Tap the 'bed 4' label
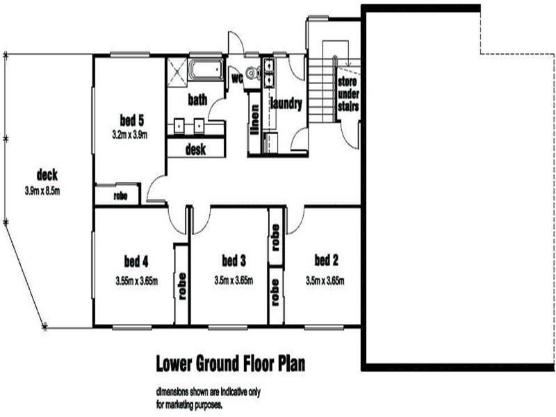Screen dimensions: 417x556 pyautogui.click(x=136, y=261)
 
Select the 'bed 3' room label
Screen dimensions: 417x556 pyautogui.click(x=234, y=261)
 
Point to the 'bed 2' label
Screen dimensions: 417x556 pyautogui.click(x=326, y=261)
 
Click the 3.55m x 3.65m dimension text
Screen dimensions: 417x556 pyautogui.click(x=136, y=281)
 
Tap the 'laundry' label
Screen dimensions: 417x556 pyautogui.click(x=286, y=105)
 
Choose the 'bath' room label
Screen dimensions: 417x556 pyautogui.click(x=197, y=100)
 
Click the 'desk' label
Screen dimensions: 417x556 pyautogui.click(x=196, y=149)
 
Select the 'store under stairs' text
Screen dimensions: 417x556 pyautogui.click(x=347, y=95)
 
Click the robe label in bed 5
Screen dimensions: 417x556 pyautogui.click(x=120, y=196)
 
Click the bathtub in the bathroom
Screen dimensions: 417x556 pyautogui.click(x=206, y=70)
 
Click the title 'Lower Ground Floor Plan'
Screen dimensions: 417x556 pyautogui.click(x=229, y=363)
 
